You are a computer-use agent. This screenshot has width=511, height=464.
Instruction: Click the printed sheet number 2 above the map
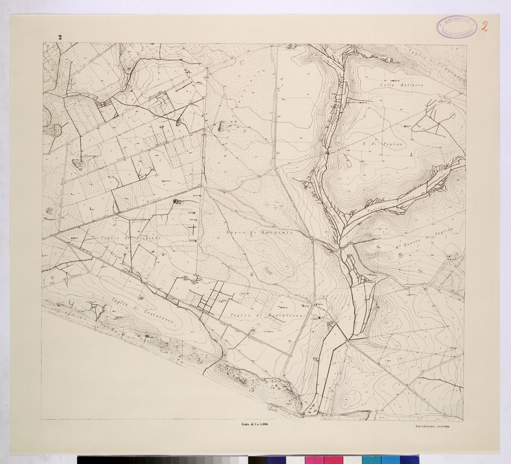pos(60,37)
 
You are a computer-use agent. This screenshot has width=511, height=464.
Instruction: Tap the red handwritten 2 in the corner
pos(485,26)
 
